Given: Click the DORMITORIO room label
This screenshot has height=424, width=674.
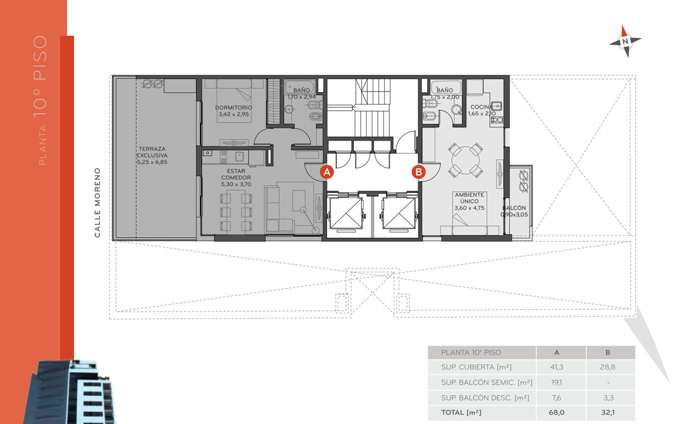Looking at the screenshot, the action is tap(234, 107).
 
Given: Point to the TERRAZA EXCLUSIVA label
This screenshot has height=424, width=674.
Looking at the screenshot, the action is tap(152, 152).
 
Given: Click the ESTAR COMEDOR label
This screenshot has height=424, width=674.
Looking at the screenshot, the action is tap(236, 174).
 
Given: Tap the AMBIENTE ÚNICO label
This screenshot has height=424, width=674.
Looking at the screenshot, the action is tap(470, 198).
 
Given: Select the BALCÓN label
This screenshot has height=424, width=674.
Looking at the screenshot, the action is tap(514, 208).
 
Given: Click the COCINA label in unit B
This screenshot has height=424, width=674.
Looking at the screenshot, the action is tap(482, 107).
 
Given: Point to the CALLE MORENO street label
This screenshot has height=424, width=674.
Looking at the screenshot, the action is tap(97, 202).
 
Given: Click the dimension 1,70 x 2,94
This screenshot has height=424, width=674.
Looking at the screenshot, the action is tap(302, 97).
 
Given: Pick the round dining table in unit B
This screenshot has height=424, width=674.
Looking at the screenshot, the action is tap(466, 161).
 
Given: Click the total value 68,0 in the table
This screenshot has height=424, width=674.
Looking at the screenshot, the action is tap(557, 412).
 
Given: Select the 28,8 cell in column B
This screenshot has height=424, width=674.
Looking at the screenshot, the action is tap(608, 367).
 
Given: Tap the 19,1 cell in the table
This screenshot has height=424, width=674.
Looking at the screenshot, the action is tap(557, 382).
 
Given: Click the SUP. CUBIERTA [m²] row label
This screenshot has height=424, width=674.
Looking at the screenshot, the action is tap(476, 367).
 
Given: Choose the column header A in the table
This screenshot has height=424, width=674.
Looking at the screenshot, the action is tap(557, 352).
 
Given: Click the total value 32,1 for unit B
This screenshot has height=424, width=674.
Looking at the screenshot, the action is tap(608, 412).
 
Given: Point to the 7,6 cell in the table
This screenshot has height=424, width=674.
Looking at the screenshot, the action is tap(557, 398).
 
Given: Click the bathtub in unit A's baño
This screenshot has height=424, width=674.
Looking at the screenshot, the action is tap(300, 87).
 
